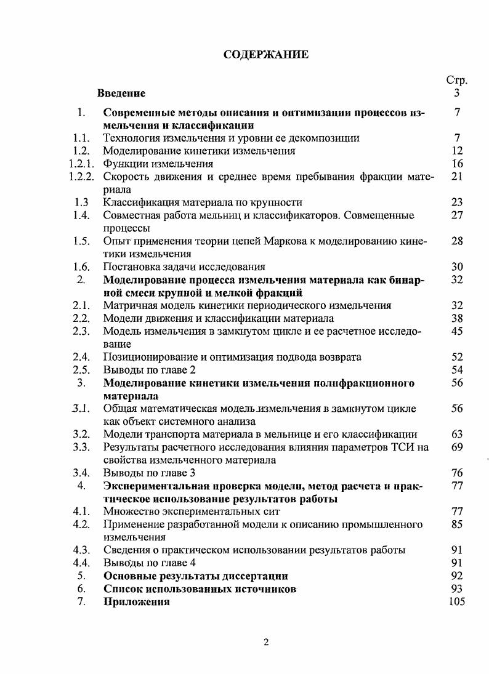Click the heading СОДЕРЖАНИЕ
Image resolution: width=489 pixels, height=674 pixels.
tap(265, 55)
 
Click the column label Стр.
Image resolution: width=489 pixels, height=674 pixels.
tap(456, 81)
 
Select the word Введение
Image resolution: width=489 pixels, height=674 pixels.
tap(121, 94)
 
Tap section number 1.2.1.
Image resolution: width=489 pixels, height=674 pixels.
tap(81, 164)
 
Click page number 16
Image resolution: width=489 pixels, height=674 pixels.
tap(456, 164)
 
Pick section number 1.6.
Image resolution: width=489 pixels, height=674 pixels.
tap(81, 267)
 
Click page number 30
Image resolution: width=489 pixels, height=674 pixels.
tap(456, 267)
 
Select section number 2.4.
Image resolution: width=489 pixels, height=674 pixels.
tap(81, 357)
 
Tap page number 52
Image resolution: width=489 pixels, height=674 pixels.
tap(456, 357)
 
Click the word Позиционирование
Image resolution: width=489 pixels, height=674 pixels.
tap(148, 357)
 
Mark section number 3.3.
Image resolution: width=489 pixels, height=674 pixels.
tap(81, 447)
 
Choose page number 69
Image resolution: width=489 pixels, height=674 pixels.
tap(456, 447)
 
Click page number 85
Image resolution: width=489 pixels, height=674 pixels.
tap(456, 524)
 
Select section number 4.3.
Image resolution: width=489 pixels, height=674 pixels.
tap(81, 550)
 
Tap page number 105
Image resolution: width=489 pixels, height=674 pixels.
tap(456, 602)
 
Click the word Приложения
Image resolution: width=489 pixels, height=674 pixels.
tap(136, 602)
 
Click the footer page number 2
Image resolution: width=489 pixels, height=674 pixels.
tap(266, 643)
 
